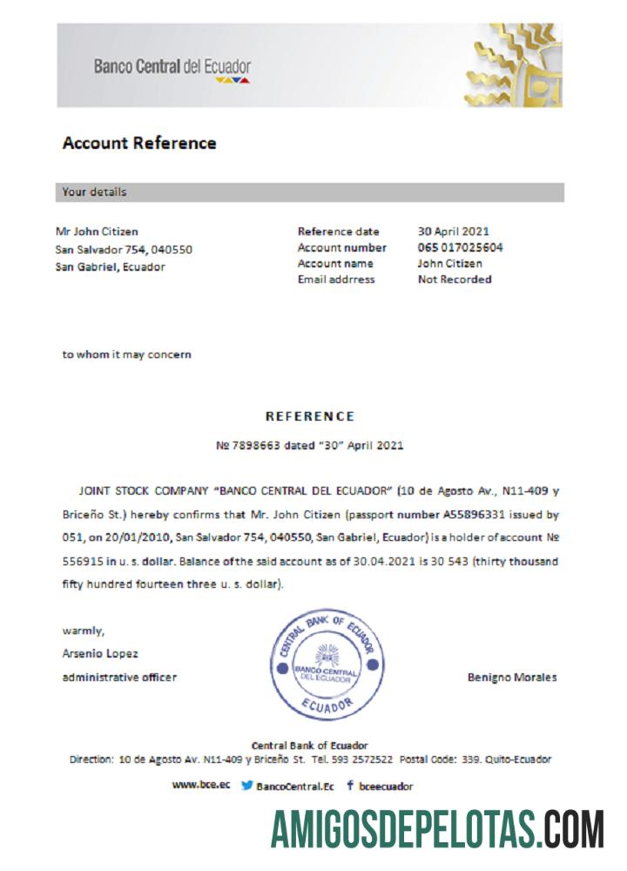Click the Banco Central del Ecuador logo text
(172, 66)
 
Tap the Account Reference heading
(139, 143)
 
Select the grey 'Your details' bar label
(94, 192)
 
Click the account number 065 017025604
(460, 247)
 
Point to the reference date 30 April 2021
(453, 232)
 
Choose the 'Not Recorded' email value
(455, 280)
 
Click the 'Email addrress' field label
(336, 280)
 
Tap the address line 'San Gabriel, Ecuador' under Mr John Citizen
(110, 267)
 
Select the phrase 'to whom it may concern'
(126, 354)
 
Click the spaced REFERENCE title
(310, 416)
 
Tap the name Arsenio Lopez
(100, 653)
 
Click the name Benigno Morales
(512, 678)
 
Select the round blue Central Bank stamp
(326, 665)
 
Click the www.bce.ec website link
(201, 785)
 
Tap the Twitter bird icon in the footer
(247, 786)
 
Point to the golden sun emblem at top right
(514, 66)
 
